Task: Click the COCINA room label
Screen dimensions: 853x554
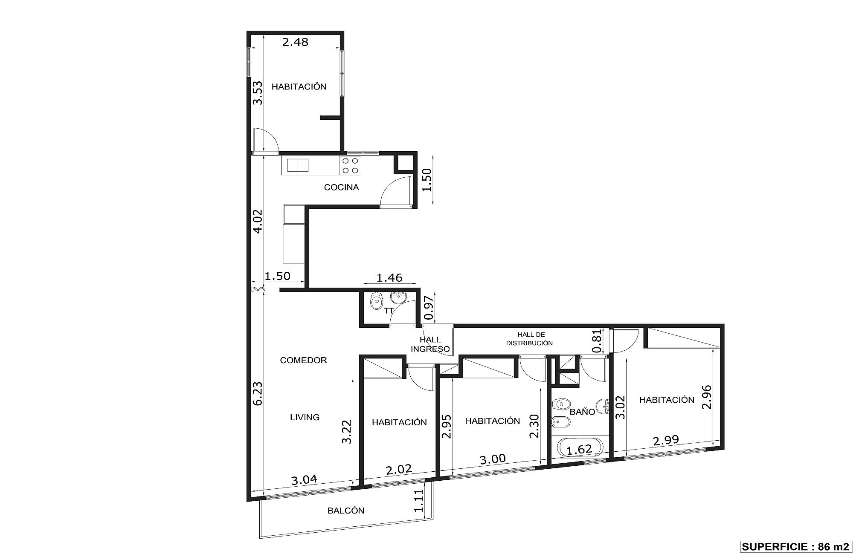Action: click(341, 187)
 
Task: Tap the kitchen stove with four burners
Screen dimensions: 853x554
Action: click(350, 165)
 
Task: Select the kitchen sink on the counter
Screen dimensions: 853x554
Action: click(298, 165)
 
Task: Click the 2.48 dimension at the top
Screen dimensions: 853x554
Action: click(295, 42)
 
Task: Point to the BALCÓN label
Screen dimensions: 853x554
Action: click(346, 511)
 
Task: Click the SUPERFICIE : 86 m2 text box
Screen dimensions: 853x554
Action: click(795, 547)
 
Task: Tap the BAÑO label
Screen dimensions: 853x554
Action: click(582, 412)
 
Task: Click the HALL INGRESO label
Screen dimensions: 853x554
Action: click(430, 344)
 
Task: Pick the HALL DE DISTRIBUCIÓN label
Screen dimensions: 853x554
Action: click(530, 339)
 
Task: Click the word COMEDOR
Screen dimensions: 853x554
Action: click(303, 360)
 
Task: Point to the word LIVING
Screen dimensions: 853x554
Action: click(305, 417)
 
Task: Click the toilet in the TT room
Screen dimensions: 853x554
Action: click(376, 301)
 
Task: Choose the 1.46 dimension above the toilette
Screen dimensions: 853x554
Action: click(389, 278)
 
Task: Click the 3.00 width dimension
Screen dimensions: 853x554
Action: click(493, 459)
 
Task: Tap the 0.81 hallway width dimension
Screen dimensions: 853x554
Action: click(598, 341)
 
